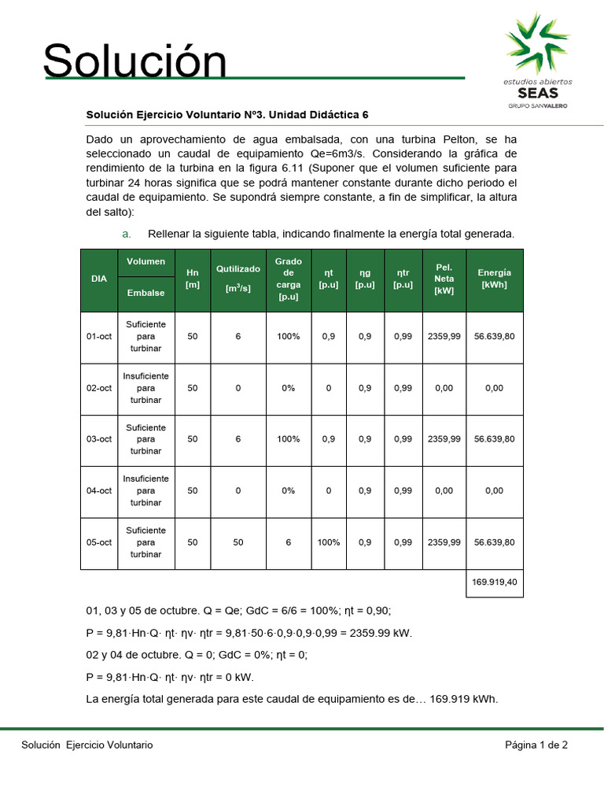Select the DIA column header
99,279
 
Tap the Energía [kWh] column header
494,279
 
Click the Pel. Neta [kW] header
444,279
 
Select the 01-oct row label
99,337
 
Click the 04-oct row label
99,491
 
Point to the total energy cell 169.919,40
494,582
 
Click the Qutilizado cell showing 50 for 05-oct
238,542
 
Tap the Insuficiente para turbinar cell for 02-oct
146,389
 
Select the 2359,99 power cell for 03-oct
444,439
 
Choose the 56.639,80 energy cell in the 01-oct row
494,337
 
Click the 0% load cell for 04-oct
288,491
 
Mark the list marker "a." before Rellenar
126,234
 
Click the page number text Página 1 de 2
536,745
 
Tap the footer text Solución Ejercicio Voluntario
87,745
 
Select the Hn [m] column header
193,279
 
